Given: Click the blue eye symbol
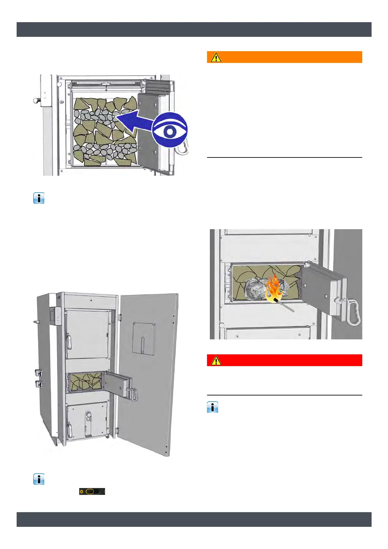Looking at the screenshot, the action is tap(170, 130).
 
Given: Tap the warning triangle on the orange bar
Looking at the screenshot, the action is tap(216, 57).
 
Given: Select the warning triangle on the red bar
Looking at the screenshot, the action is tap(216, 360).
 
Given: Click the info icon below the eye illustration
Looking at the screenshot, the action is tap(39, 198).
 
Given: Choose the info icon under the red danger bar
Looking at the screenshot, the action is tap(213, 407).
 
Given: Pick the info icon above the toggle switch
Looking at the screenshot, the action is tap(39, 479).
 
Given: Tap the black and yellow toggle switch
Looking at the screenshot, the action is tap(92, 491).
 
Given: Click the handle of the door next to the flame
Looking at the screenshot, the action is tap(353, 313).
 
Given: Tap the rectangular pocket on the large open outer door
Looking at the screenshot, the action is tap(144, 338).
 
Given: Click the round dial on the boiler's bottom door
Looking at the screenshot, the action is tap(88, 416).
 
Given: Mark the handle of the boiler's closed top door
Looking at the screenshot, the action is tap(69, 342).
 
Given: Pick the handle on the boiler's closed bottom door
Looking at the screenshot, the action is tap(69, 430).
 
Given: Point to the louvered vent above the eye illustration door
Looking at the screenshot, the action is tap(158, 87).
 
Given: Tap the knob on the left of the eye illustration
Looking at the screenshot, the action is tap(37, 100).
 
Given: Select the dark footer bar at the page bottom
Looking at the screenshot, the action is tap(194, 519).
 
